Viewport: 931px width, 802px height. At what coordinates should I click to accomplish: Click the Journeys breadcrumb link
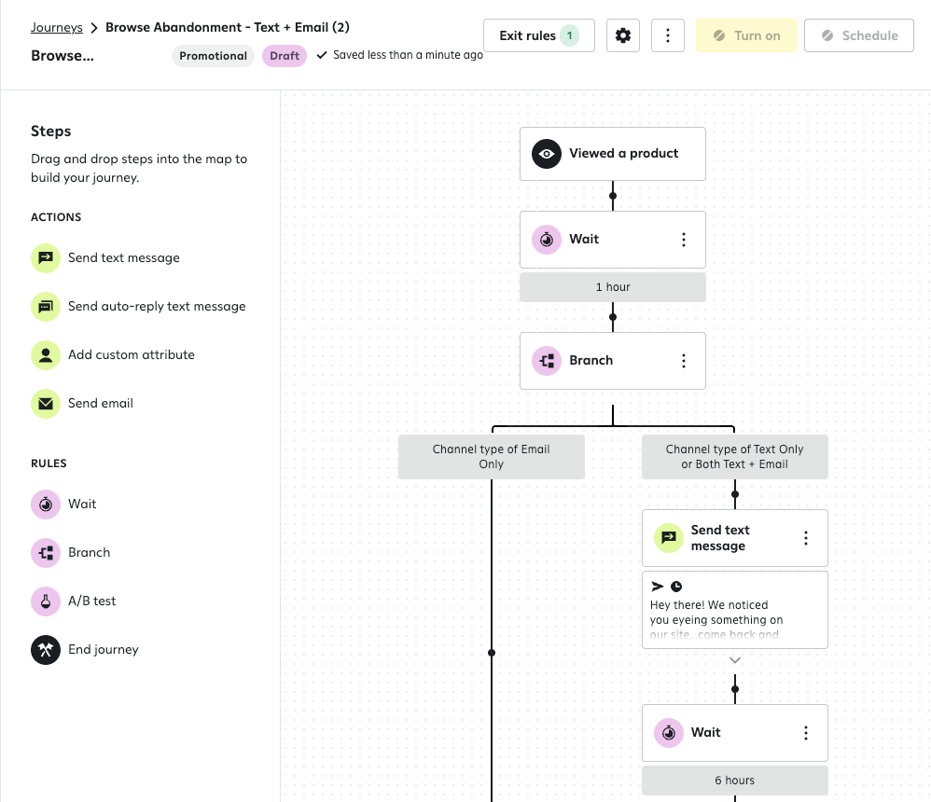pyautogui.click(x=56, y=27)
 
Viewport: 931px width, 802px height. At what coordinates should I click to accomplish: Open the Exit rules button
pyautogui.click(x=538, y=35)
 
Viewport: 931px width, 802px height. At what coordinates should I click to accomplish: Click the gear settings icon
pyautogui.click(x=623, y=35)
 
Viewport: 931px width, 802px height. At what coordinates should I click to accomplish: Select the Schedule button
pyautogui.click(x=858, y=35)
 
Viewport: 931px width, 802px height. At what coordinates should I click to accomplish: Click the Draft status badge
pyautogui.click(x=285, y=56)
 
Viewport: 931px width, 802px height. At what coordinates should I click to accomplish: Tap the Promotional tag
pyautogui.click(x=213, y=56)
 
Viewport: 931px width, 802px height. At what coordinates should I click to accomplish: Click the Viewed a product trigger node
pyautogui.click(x=613, y=154)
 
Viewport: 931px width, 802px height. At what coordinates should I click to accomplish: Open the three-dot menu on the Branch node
pyautogui.click(x=684, y=361)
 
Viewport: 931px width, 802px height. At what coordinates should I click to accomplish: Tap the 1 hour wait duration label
pyautogui.click(x=613, y=287)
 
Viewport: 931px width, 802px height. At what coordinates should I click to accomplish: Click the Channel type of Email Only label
pyautogui.click(x=492, y=457)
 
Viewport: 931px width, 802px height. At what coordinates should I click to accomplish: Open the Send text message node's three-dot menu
pyautogui.click(x=806, y=538)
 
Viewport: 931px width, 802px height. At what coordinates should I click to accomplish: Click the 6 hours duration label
pyautogui.click(x=735, y=781)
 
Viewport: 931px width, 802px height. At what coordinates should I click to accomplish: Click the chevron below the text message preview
pyautogui.click(x=735, y=660)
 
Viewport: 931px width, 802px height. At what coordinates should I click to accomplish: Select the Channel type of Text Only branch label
pyautogui.click(x=735, y=457)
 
